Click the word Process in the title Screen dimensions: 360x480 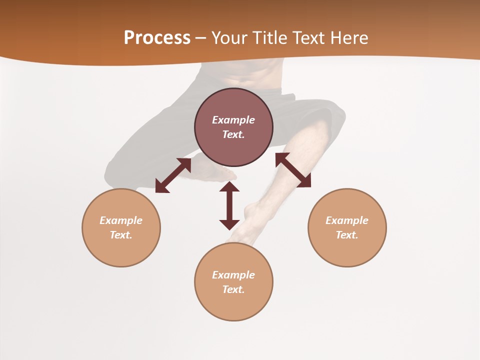tap(157, 38)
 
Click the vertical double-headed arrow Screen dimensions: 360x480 tap(229, 205)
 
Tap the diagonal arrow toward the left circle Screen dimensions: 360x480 tap(173, 175)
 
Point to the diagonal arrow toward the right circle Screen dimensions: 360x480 tap(293, 170)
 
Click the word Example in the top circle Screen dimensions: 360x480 tap(233, 120)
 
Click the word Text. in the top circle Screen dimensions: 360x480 tap(233, 134)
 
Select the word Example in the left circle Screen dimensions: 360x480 tap(121, 220)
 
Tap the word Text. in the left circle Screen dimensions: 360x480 tap(121, 235)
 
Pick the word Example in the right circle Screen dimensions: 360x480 tap(347, 220)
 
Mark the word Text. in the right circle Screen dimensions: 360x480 tap(347, 235)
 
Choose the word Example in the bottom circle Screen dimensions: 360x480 tap(233, 275)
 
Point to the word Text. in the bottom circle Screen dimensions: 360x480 tap(233, 289)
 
